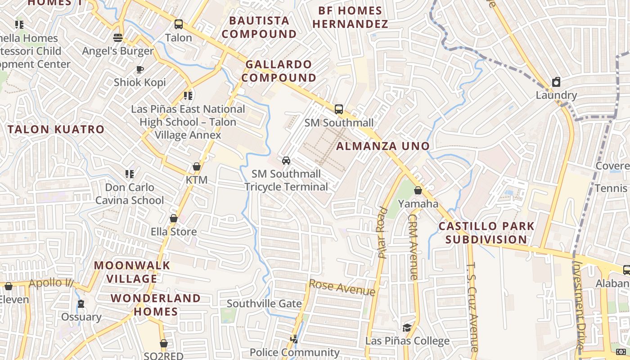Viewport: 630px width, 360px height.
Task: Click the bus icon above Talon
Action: pos(179,24)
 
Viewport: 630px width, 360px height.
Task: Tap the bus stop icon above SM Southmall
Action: pos(338,109)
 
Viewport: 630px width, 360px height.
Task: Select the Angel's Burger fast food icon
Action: pos(118,38)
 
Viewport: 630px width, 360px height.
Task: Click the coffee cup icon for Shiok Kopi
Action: pos(139,69)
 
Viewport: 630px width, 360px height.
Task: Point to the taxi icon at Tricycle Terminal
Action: pos(286,161)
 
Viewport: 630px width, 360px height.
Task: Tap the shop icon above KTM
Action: pos(197,166)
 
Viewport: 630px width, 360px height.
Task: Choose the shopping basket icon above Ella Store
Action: pos(173,219)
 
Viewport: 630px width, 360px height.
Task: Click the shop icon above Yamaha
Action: pos(418,190)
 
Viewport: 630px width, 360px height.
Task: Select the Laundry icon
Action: pos(556,82)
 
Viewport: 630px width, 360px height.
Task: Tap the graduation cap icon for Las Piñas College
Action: pos(407,328)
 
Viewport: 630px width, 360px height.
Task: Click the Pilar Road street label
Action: pos(382,232)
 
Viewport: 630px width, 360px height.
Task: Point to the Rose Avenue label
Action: pos(342,288)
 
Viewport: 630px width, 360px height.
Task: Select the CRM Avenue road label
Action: pos(413,247)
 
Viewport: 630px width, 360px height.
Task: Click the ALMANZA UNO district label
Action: pos(383,146)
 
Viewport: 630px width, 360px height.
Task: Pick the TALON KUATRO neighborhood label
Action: pos(56,130)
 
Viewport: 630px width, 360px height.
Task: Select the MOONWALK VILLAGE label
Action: pos(132,272)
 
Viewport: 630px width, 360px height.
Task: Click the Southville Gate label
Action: pos(264,303)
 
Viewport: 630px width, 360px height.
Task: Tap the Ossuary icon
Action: pos(81,304)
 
